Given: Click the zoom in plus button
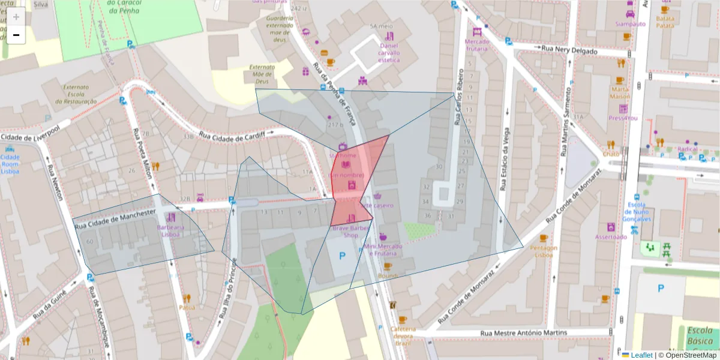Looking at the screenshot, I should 16,17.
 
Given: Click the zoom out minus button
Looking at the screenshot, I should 16,35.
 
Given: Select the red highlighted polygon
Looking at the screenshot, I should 354,180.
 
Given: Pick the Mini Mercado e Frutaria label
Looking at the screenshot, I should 383,250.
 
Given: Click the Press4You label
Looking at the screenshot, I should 623,118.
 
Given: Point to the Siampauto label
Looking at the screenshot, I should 630,24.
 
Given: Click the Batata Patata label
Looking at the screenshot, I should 665,22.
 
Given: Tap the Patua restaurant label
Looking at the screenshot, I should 187,307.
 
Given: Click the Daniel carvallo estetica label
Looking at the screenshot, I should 389,53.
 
